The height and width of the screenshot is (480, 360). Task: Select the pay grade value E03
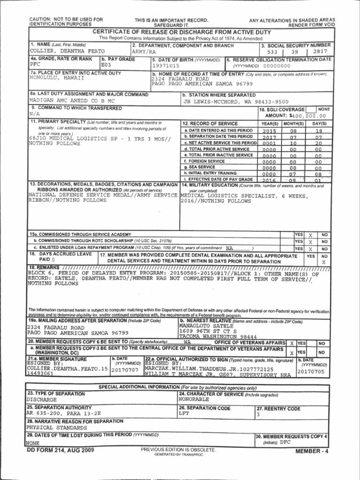pos(108,65)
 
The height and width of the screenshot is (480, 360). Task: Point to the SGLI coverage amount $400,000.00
pos(307,115)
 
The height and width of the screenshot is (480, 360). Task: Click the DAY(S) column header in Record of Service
pos(319,123)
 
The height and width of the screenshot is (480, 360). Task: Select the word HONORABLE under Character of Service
pos(194,400)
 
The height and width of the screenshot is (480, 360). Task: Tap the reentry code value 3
pos(258,415)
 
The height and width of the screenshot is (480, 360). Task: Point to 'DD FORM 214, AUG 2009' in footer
pos(60,450)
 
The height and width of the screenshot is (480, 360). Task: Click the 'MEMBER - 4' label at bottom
pos(312,451)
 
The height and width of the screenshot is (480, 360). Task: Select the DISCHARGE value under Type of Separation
pos(42,400)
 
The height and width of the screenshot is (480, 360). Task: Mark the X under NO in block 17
pos(323,262)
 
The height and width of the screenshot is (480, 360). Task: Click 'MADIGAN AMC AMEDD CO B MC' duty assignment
pos(72,101)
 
